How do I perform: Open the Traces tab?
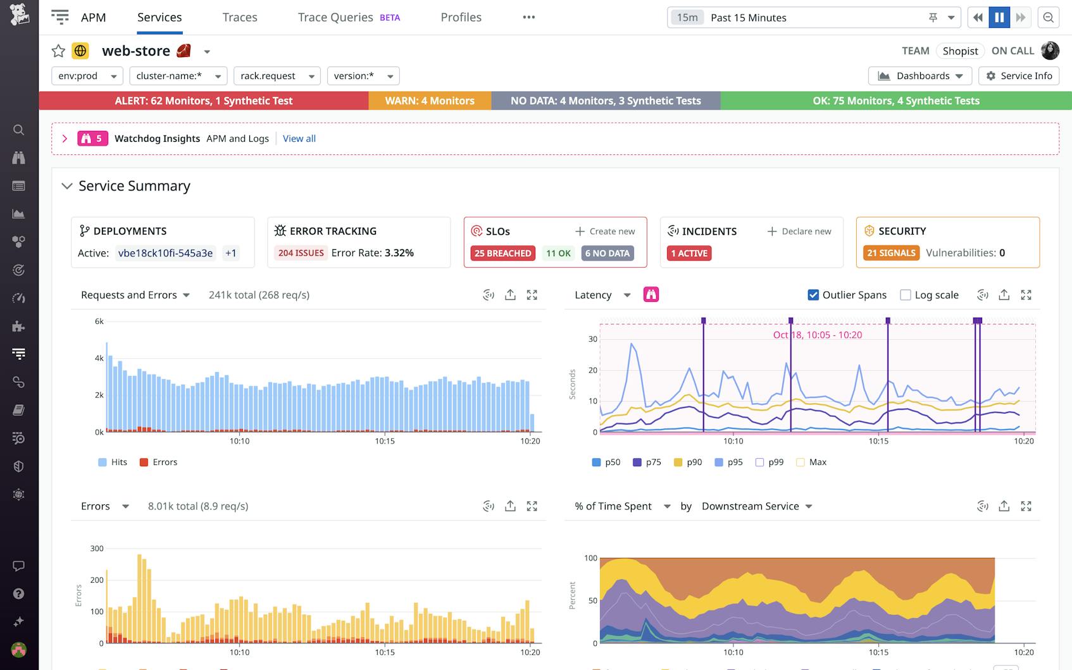239,18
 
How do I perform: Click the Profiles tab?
461,18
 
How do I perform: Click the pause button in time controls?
999,18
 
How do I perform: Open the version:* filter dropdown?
363,76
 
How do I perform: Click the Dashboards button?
919,76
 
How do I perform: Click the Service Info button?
1019,76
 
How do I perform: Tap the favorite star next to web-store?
58,51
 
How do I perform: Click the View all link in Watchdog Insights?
299,139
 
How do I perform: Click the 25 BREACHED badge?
503,253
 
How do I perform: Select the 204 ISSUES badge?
301,253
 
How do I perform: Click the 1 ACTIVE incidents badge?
689,253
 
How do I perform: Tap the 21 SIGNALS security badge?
891,253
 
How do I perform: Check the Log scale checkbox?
906,295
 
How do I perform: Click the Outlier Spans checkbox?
813,295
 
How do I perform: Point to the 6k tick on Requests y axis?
99,321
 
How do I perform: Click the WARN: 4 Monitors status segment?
430,101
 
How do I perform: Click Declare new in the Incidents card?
799,232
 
